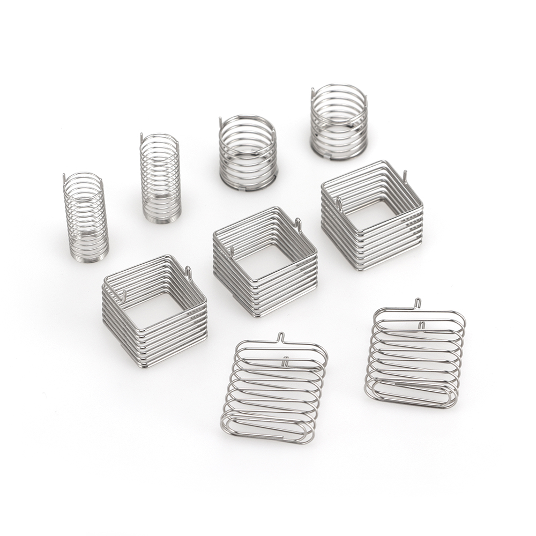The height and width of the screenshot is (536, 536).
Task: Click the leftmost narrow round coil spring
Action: point(86,217)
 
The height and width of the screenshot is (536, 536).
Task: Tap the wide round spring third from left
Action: point(248,153)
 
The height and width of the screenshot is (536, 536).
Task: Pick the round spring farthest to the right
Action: point(339,122)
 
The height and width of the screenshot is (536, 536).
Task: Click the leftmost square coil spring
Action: point(154,311)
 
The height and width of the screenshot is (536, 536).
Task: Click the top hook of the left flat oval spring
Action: point(279,337)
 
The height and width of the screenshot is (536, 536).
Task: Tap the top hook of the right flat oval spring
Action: point(418,303)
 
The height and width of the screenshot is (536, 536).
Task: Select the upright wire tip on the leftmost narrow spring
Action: point(64,178)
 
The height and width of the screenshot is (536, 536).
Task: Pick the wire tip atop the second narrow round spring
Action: point(142,137)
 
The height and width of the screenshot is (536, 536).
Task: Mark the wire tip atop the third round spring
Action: point(220,122)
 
